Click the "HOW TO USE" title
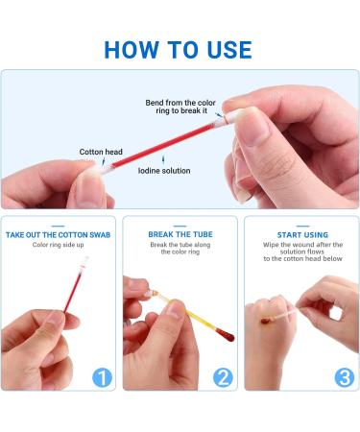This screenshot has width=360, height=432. [x=179, y=50]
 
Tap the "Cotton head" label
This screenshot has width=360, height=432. [x=102, y=151]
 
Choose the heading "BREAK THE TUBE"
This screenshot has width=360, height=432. [x=180, y=234]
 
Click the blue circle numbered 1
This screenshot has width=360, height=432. [x=103, y=377]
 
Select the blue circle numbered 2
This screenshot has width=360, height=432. [x=223, y=377]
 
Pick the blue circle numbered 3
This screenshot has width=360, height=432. [x=344, y=377]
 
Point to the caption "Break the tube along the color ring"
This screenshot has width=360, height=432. [x=180, y=249]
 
